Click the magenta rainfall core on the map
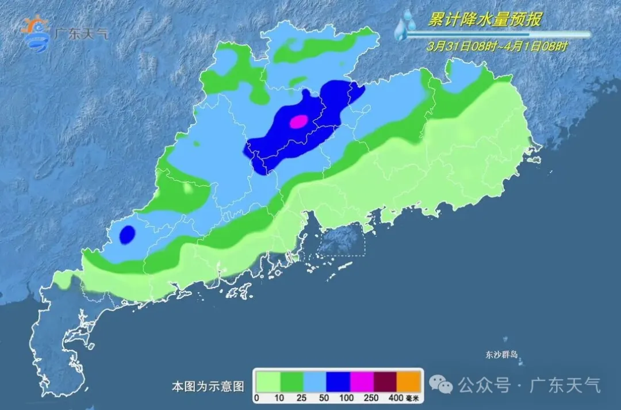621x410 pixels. (x=299, y=121)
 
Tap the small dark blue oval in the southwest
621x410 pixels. (x=127, y=235)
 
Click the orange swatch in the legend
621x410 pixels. (x=410, y=381)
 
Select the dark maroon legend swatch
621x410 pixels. (x=386, y=381)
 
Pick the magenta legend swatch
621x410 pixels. (x=362, y=381)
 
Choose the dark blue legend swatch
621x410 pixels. (x=339, y=381)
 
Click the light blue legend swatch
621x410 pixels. (x=315, y=381)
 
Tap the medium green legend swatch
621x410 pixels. (x=292, y=381)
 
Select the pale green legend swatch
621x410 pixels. (x=268, y=381)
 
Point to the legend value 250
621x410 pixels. (x=374, y=398)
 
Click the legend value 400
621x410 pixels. (x=397, y=398)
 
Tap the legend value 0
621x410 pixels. (x=257, y=398)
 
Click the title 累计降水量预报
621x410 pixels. (x=484, y=20)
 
